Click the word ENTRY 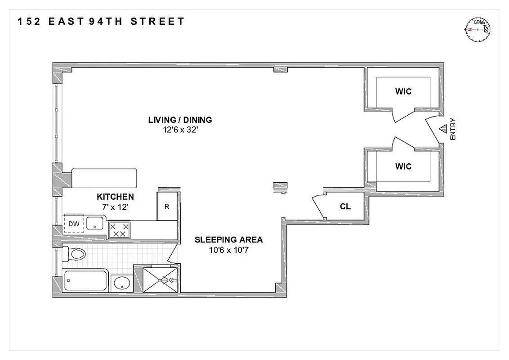453,129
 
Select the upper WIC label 403,92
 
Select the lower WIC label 403,166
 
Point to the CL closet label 345,207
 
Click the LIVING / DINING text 180,120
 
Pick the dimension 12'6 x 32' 180,129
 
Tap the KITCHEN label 115,197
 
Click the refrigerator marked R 166,207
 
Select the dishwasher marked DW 73,224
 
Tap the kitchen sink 95,223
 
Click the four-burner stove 120,230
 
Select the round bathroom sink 121,283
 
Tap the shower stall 160,280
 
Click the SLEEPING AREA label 228,240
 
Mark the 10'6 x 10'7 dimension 228,250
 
